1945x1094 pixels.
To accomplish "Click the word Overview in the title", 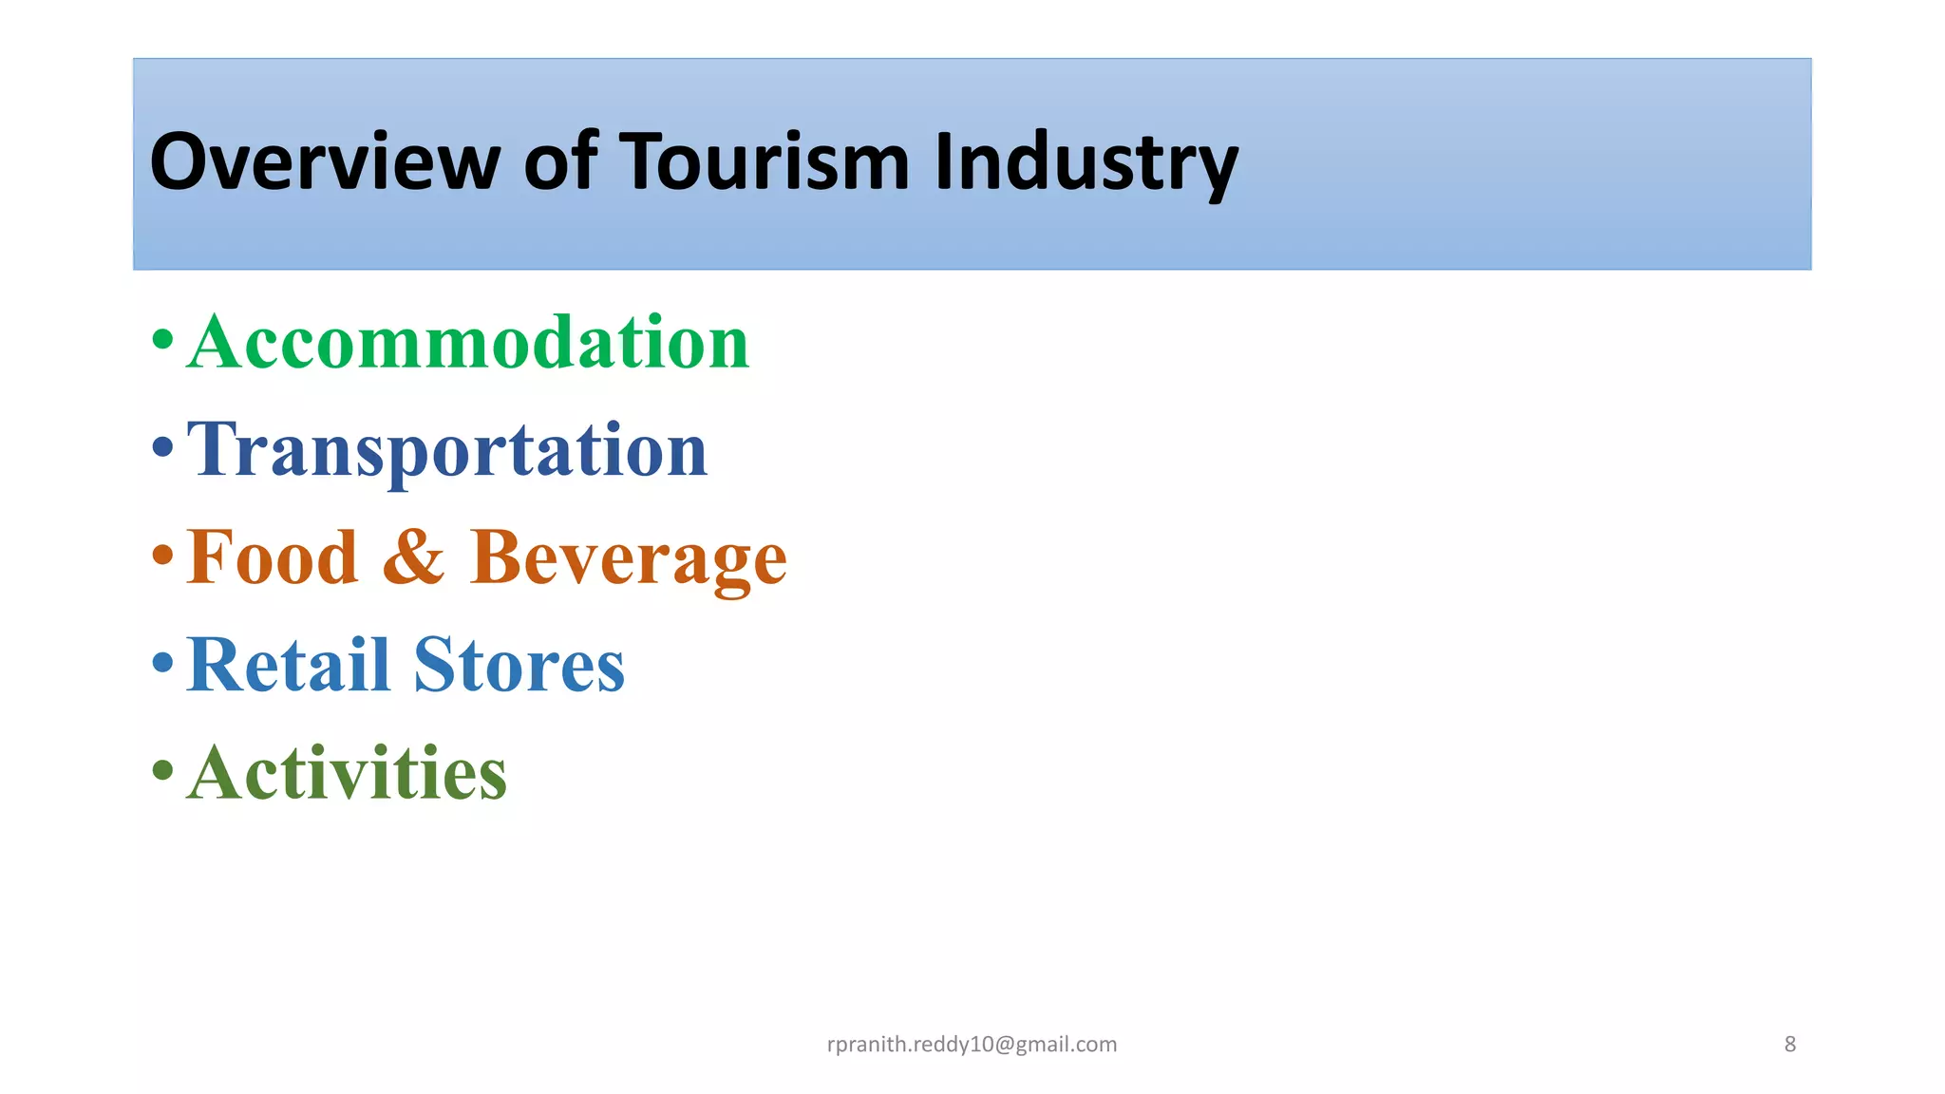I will pyautogui.click(x=324, y=161).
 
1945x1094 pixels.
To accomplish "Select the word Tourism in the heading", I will pyautogui.click(x=765, y=161).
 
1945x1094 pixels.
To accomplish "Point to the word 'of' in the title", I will pyautogui.click(x=560, y=161).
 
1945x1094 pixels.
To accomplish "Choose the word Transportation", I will pyautogui.click(x=447, y=450).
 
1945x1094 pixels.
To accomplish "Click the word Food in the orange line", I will pyautogui.click(x=273, y=557).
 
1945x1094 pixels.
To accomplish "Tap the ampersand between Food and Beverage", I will pyautogui.click(x=414, y=557).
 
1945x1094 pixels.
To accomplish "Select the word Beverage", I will pyautogui.click(x=628, y=559).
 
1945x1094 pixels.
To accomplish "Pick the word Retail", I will pyautogui.click(x=289, y=665).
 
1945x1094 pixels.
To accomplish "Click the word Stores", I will pyautogui.click(x=519, y=665).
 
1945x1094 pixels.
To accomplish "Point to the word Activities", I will pyautogui.click(x=347, y=772).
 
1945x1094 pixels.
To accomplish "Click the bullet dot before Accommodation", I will pyautogui.click(x=163, y=339).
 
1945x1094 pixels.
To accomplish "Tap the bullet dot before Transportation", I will pyautogui.click(x=163, y=446).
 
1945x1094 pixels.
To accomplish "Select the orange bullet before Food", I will pyautogui.click(x=163, y=554).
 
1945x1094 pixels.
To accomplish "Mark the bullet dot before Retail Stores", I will pyautogui.click(x=163, y=661).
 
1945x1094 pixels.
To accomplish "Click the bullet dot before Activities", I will pyautogui.click(x=163, y=769).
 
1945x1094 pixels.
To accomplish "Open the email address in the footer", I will pyautogui.click(x=972, y=1045).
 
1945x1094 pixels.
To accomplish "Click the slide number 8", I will pyautogui.click(x=1790, y=1045).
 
